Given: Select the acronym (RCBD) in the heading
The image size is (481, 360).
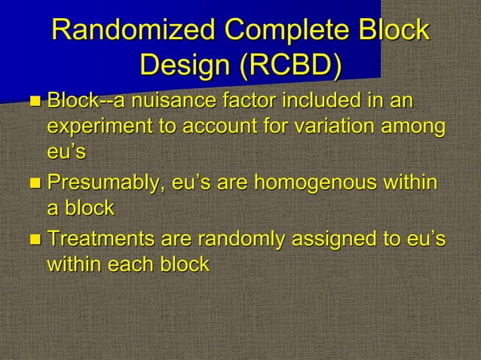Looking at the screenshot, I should (290, 66).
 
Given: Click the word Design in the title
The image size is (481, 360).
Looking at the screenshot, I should (183, 66).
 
